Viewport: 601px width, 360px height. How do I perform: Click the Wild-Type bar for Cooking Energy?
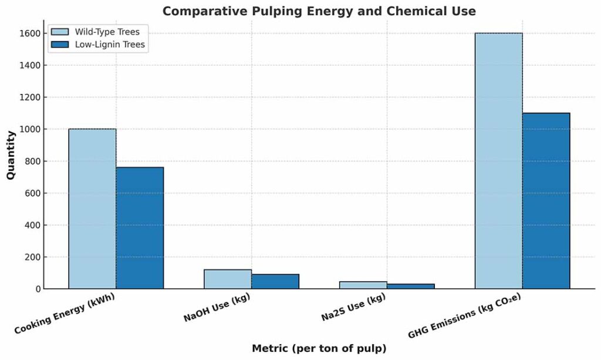tap(92, 208)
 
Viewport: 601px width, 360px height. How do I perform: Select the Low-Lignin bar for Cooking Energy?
tap(140, 228)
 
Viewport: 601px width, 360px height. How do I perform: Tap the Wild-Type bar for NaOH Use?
tap(228, 279)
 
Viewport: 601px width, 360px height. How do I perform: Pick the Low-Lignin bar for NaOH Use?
tap(275, 281)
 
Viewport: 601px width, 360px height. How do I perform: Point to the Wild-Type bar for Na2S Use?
tap(363, 285)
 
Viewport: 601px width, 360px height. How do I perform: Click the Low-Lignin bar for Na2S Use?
tap(411, 287)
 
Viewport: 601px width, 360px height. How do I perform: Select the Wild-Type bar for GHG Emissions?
tap(498, 161)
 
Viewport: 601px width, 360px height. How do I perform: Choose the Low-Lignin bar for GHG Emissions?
tap(546, 201)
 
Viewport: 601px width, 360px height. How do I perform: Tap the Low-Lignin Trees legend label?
tap(110, 44)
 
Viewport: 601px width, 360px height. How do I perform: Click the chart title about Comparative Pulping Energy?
tap(319, 11)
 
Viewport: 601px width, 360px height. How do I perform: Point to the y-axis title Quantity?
tap(11, 155)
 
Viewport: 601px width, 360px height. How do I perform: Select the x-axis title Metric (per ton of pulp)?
tap(319, 348)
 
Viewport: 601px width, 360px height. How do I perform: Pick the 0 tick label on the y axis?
tap(37, 289)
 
